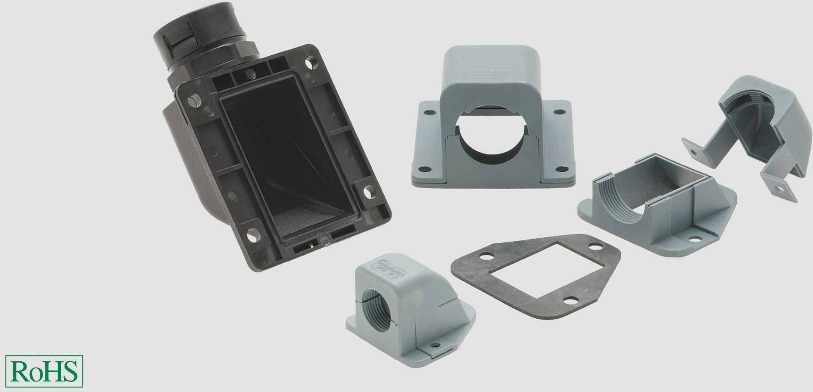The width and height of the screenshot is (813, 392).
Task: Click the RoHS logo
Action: pyautogui.click(x=45, y=370)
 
